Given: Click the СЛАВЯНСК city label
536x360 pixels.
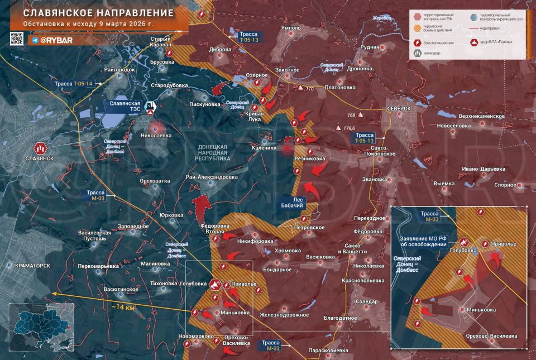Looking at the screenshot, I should [x=39, y=159].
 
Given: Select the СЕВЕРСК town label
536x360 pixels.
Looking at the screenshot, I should [x=398, y=108].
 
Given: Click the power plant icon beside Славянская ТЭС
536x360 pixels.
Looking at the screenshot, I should [x=150, y=105].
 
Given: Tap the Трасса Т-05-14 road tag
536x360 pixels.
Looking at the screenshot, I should [x=76, y=83].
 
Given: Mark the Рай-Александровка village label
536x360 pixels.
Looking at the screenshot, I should [x=212, y=177].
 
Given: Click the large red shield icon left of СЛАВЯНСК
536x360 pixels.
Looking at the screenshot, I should [x=40, y=148].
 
